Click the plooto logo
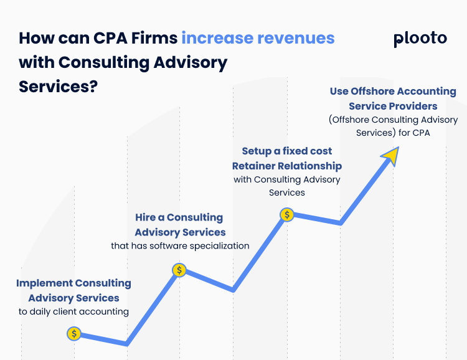click(420, 39)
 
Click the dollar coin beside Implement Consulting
click(74, 333)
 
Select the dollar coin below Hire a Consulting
click(179, 270)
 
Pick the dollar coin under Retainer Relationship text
click(286, 215)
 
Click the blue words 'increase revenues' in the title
click(258, 38)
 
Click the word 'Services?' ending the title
click(59, 86)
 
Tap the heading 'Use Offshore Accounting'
click(393, 92)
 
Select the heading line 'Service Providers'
click(393, 106)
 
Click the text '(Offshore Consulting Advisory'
click(393, 120)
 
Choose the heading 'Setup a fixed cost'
click(286, 151)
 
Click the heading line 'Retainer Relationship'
click(286, 166)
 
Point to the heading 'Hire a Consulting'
click(179, 217)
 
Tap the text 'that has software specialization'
click(180, 245)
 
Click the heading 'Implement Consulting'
click(73, 283)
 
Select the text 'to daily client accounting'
click(73, 311)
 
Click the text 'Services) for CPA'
click(393, 133)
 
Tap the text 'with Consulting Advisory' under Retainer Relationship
click(286, 179)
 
